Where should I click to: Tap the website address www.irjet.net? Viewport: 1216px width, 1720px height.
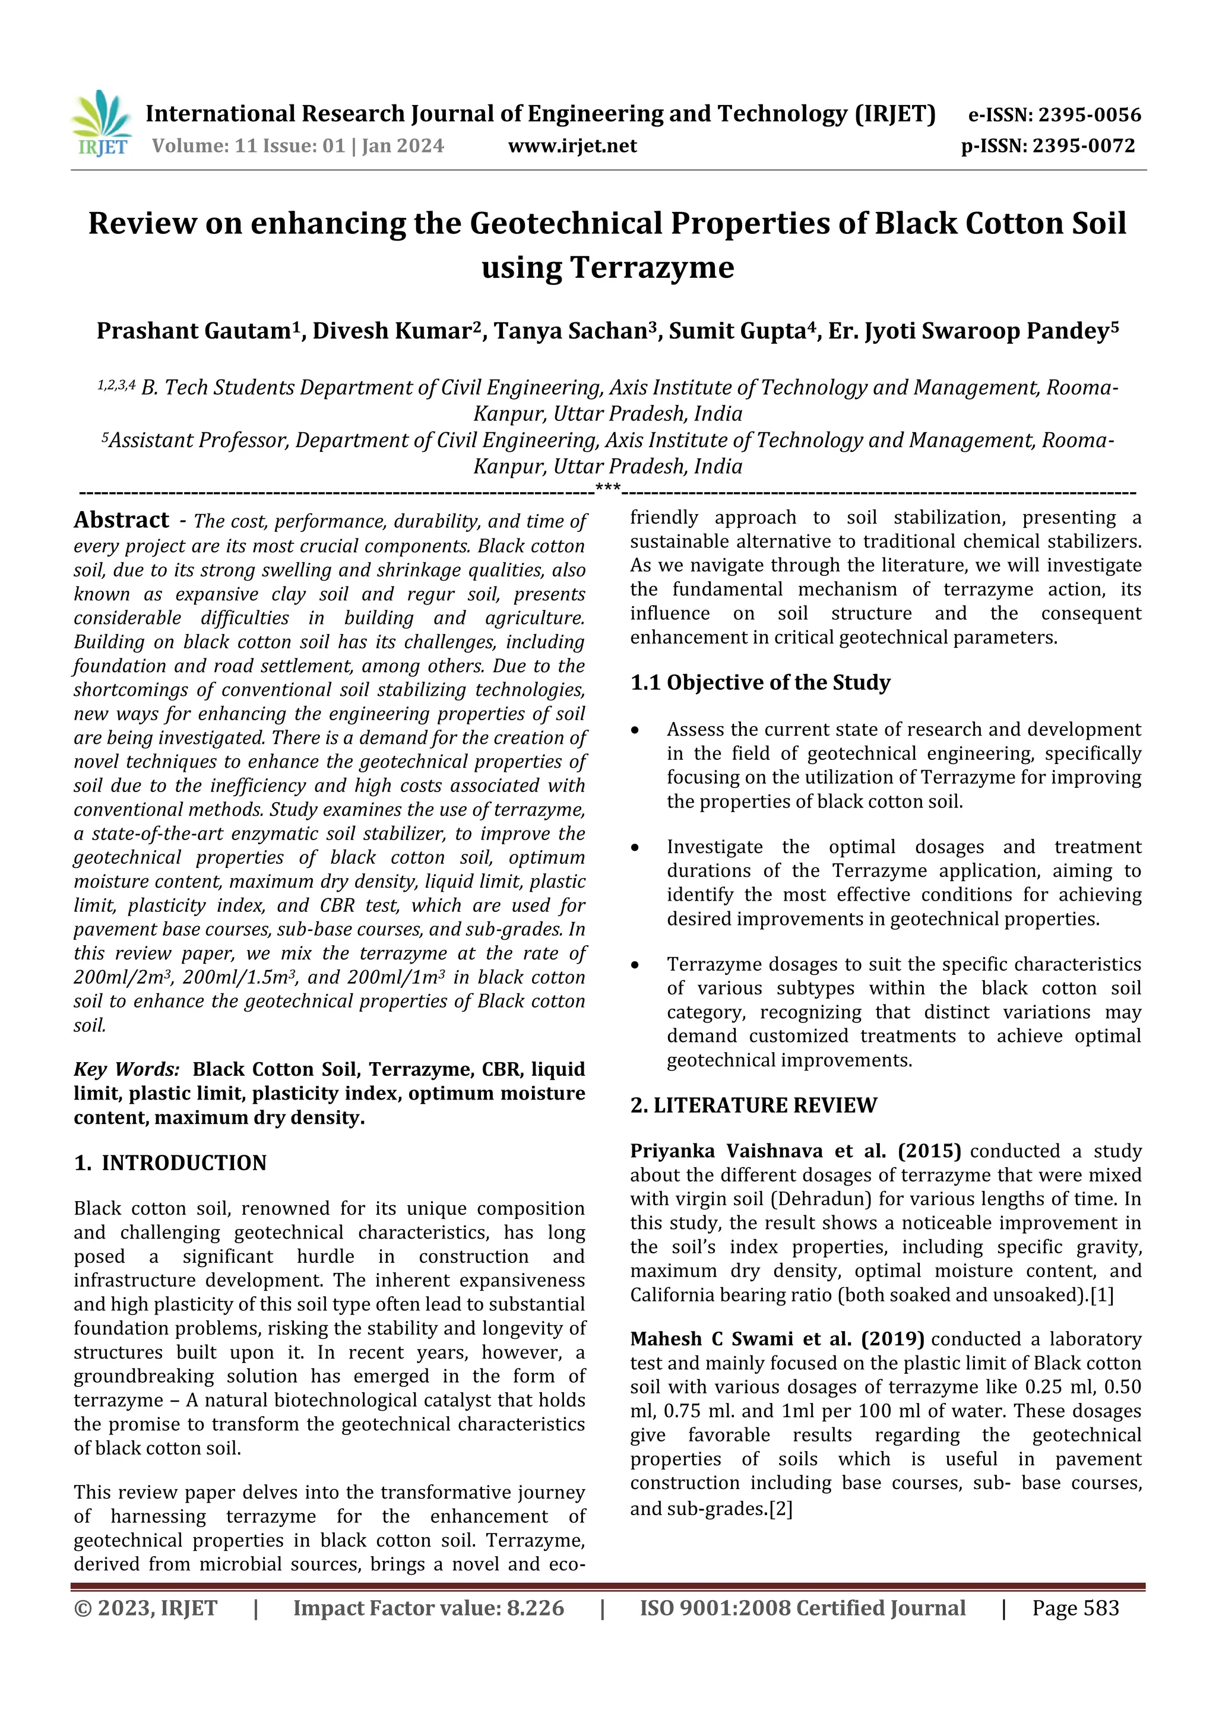pyautogui.click(x=572, y=146)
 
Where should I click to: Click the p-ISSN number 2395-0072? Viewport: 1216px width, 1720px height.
pyautogui.click(x=1084, y=146)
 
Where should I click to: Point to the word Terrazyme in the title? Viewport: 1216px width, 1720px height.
pyautogui.click(x=607, y=267)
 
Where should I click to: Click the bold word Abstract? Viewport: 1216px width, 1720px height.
pyautogui.click(x=121, y=520)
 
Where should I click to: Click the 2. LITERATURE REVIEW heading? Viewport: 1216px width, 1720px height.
pyautogui.click(x=753, y=1105)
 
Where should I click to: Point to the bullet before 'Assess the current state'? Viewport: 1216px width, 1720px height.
pyautogui.click(x=635, y=730)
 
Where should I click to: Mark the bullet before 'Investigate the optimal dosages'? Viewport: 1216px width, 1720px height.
pyautogui.click(x=635, y=848)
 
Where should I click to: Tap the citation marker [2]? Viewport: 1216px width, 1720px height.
pyautogui.click(x=780, y=1508)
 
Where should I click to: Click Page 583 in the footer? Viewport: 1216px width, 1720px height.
pyautogui.click(x=1075, y=1608)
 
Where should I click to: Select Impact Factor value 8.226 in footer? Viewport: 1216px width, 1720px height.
pyautogui.click(x=429, y=1608)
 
